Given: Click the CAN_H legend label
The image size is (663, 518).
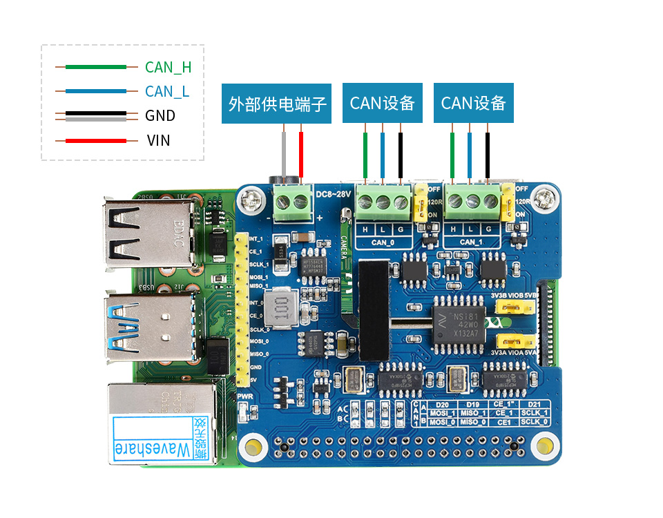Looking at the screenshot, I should point(168,67).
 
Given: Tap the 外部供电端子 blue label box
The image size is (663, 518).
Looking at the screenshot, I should point(278,104).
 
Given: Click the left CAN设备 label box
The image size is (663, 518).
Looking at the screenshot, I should point(382,104).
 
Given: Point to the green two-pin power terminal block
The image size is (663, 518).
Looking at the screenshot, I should point(291,202).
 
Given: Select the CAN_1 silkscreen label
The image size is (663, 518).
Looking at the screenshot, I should point(471,242).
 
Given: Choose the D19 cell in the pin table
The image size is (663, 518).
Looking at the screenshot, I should point(472,404).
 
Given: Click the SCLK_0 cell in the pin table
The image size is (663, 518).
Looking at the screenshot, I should point(535,421).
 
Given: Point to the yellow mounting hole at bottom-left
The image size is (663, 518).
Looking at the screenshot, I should point(253,447).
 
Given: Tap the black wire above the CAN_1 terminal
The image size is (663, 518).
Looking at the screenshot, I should point(488,155).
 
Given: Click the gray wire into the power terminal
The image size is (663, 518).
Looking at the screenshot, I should point(285,155).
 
